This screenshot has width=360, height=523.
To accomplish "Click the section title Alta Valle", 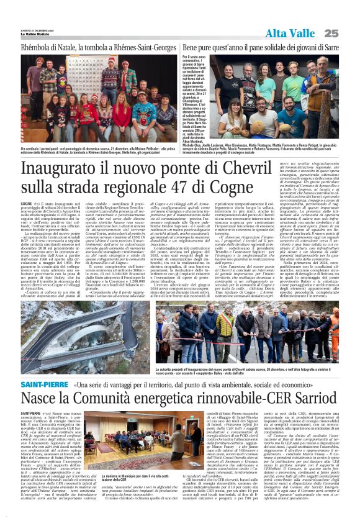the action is coord(291,33).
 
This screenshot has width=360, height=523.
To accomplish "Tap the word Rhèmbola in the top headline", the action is coord(38,47).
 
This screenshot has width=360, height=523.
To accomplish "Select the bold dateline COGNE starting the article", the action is coord(27,203).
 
